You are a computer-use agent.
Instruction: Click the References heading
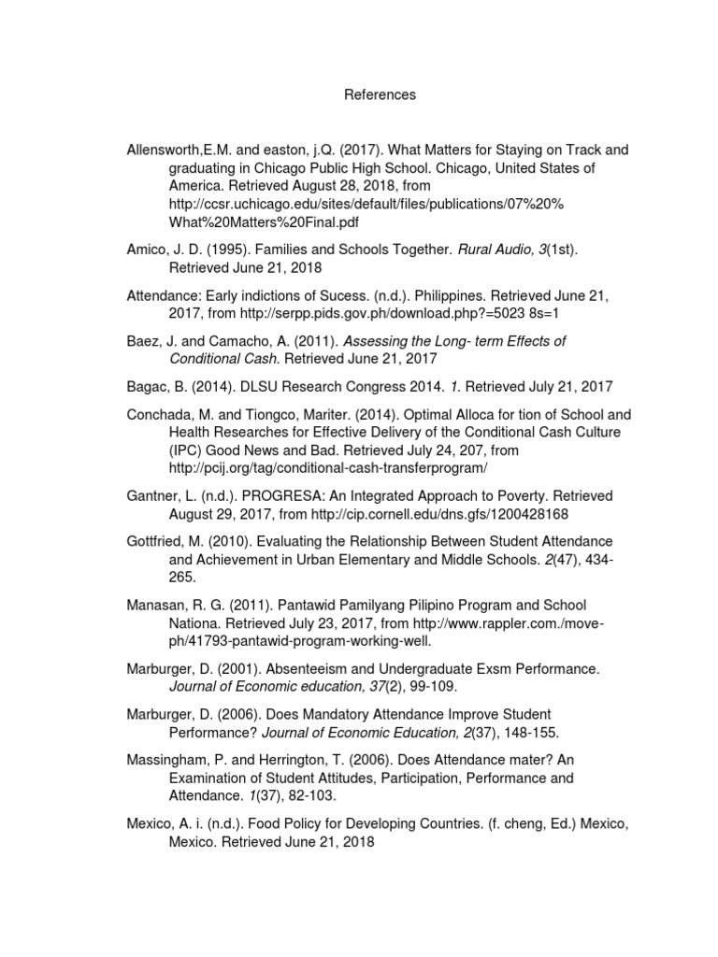click(x=380, y=95)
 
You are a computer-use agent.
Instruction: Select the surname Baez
click(x=143, y=341)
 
